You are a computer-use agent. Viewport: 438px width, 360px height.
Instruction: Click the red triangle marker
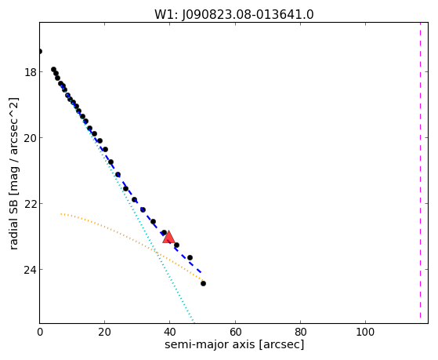pyautogui.click(x=168, y=237)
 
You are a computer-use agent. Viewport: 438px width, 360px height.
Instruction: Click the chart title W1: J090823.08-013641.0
pyautogui.click(x=234, y=15)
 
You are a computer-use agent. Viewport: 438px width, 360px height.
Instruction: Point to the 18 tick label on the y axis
pyautogui.click(x=31, y=72)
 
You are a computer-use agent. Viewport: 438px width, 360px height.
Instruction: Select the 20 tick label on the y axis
pyautogui.click(x=31, y=138)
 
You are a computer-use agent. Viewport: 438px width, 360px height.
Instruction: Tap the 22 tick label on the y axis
pyautogui.click(x=31, y=204)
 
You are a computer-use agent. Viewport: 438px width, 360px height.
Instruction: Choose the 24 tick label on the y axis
pyautogui.click(x=31, y=270)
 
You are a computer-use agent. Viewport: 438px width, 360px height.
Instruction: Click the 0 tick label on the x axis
pyautogui.click(x=40, y=332)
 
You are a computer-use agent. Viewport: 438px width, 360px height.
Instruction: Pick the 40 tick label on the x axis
pyautogui.click(x=169, y=332)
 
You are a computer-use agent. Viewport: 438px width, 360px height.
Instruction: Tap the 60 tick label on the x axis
pyautogui.click(x=235, y=332)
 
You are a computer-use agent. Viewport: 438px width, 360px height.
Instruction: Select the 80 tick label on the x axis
pyautogui.click(x=301, y=332)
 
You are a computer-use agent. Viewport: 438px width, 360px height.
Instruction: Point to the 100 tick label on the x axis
pyautogui.click(x=366, y=332)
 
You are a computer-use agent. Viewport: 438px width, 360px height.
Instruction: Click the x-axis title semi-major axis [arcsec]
pyautogui.click(x=234, y=344)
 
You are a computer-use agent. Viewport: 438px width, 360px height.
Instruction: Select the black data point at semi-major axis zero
pyautogui.click(x=40, y=51)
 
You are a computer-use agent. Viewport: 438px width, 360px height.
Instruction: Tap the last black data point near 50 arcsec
pyautogui.click(x=204, y=283)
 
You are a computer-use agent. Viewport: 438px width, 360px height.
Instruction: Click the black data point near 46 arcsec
pyautogui.click(x=190, y=257)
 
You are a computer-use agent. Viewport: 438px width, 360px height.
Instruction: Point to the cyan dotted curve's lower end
pyautogui.click(x=194, y=322)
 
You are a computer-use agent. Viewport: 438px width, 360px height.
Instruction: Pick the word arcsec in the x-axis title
pyautogui.click(x=281, y=344)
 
